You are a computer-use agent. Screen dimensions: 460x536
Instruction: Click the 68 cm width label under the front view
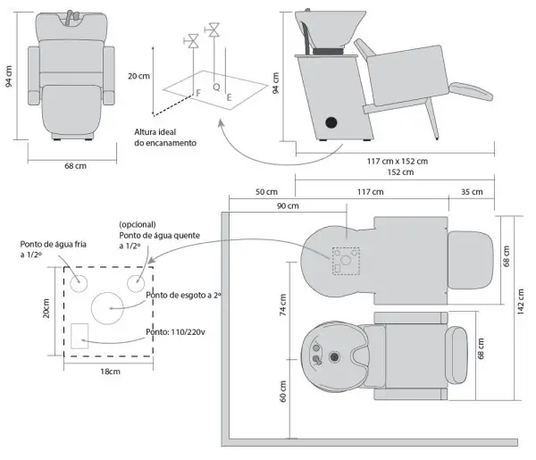[x=75, y=165]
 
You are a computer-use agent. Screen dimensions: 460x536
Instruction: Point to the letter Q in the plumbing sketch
[x=217, y=88]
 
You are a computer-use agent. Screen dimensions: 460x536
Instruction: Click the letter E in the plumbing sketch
[x=230, y=96]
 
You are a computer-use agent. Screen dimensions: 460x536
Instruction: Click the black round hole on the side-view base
[x=331, y=121]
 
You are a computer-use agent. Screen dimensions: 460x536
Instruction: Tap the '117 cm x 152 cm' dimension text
[x=396, y=161]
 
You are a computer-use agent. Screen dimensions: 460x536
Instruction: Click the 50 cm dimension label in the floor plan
[x=266, y=193]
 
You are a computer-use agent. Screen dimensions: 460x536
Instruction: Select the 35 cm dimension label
[x=472, y=193]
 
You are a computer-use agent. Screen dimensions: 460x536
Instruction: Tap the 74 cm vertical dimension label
[x=283, y=309]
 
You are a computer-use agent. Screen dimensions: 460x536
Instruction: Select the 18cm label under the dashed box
[x=110, y=371]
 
